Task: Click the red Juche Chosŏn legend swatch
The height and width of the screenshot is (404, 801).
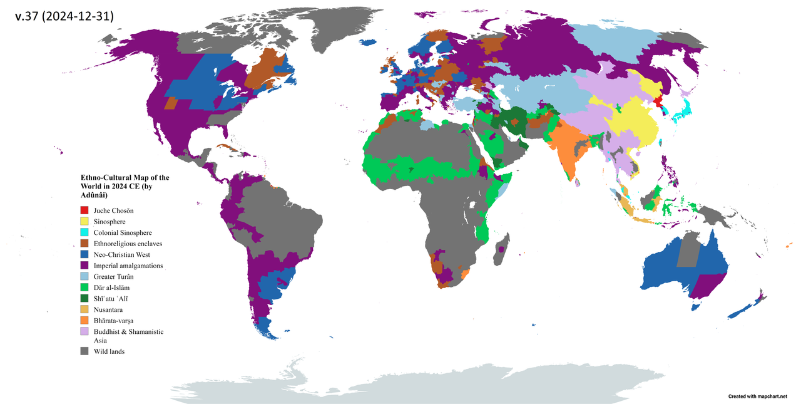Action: [x=84, y=210]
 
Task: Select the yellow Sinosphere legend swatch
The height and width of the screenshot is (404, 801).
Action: [x=84, y=222]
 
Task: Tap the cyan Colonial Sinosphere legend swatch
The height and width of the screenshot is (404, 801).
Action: [x=84, y=232]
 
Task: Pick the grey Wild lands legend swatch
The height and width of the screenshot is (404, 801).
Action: [x=84, y=351]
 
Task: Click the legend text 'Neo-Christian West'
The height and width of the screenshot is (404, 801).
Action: [x=122, y=254]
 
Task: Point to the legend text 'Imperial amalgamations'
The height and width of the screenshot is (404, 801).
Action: [x=128, y=266]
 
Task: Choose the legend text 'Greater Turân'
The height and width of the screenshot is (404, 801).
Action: [x=114, y=276]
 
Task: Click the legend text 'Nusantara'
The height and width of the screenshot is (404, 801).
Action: [x=108, y=309]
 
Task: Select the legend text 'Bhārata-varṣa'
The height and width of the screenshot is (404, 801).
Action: [x=114, y=321]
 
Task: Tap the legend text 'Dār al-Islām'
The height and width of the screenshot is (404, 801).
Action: [x=113, y=287]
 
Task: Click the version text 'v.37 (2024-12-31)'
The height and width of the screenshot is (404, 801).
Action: [x=64, y=17]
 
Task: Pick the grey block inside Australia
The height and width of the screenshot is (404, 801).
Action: [x=690, y=251]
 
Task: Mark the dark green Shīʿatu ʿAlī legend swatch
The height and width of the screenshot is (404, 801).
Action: [x=84, y=298]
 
